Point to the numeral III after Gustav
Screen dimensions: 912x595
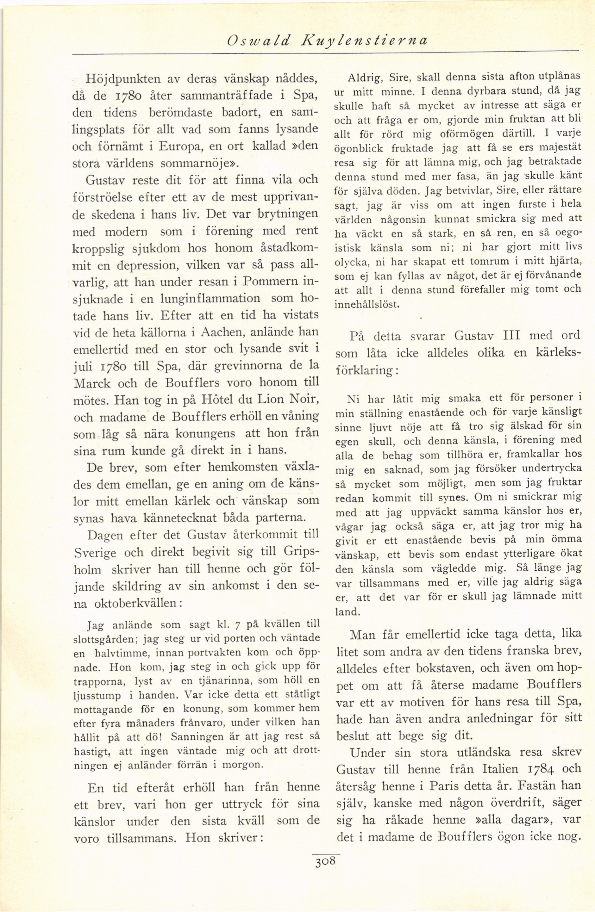[x=510, y=335]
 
